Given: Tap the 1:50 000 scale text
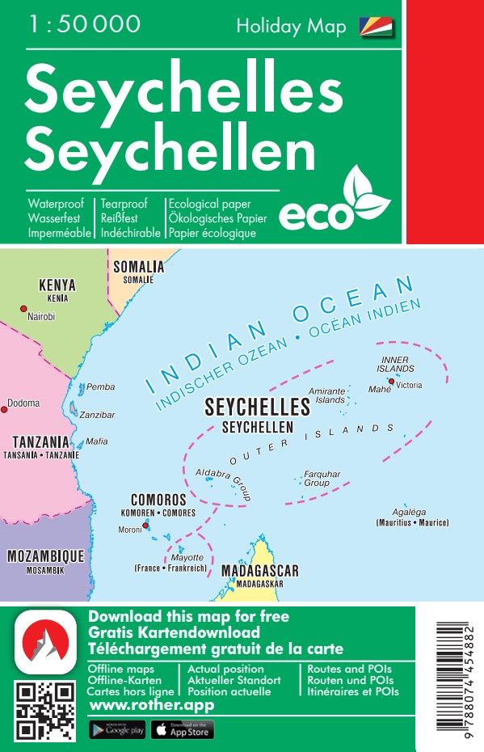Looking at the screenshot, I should coord(84,24).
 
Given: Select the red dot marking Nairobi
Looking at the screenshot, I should coord(23,308).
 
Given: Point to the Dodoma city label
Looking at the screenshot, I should coord(23,403).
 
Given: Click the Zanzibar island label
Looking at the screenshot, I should coord(97,415).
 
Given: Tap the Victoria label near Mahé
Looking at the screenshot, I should coord(409,386).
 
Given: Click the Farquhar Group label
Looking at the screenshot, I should coord(322,478).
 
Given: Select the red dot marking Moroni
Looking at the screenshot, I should coord(146,526).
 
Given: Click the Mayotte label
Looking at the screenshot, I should coord(187,558).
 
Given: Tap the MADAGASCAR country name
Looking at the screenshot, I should coord(259,571).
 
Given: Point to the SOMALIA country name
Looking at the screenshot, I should coord(138,267).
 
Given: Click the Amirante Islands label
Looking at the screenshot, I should coord(329,395).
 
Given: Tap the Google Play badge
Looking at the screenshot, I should coord(116,730).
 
